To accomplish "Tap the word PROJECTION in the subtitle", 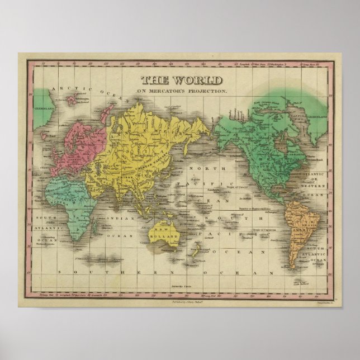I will [x=209, y=91].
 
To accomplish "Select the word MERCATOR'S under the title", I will [x=170, y=91].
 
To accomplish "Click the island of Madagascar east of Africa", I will [x=96, y=226].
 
